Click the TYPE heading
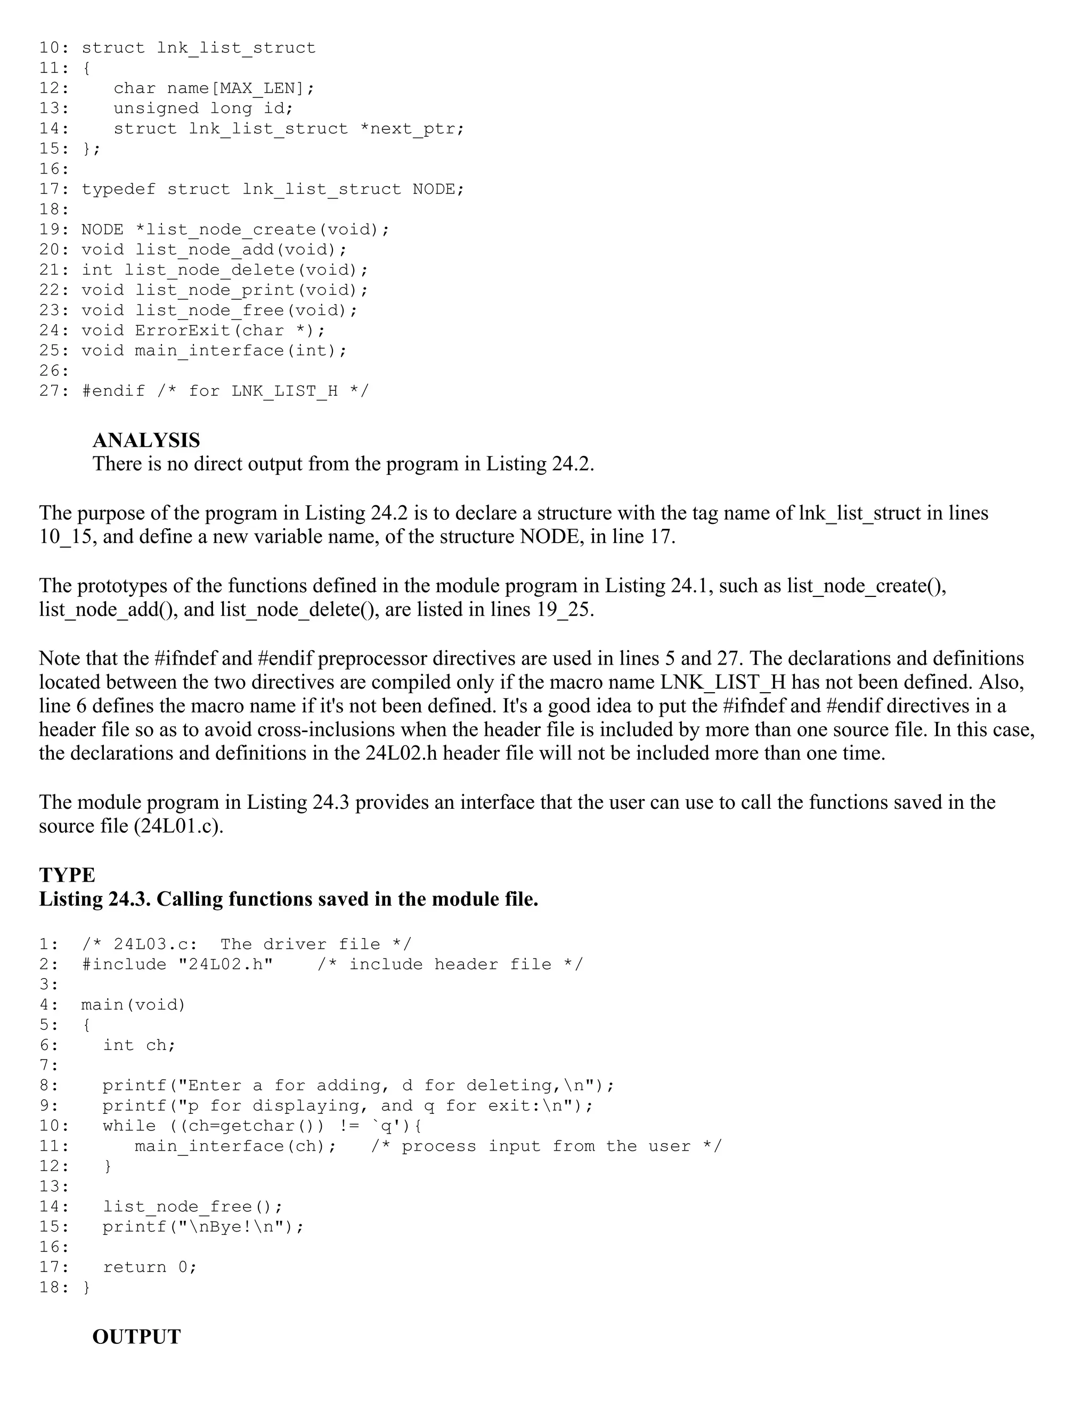pos(67,875)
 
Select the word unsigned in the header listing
pos(156,108)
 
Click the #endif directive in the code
pos(113,391)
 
